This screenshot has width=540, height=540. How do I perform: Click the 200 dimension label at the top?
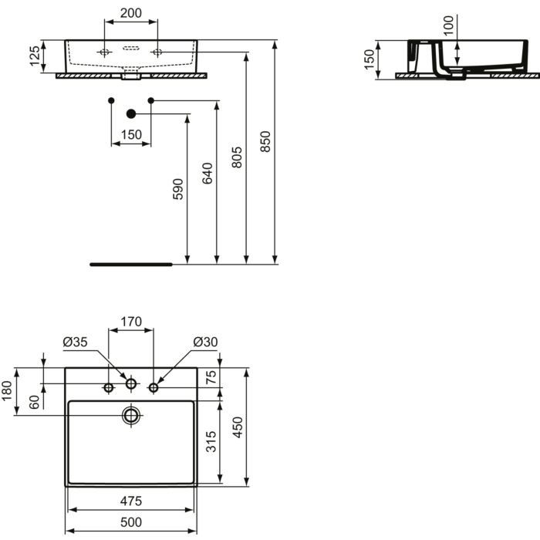(x=131, y=13)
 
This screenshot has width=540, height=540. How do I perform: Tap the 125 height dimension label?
(x=35, y=56)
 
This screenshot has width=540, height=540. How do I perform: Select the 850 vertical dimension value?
(x=265, y=141)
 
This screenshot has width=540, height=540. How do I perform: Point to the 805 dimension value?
(x=237, y=157)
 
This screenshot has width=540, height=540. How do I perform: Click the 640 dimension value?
(x=207, y=174)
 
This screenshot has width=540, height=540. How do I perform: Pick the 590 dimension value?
(x=177, y=189)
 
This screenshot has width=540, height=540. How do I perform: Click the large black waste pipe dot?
(x=131, y=113)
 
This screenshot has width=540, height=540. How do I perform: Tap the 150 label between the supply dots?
(x=131, y=135)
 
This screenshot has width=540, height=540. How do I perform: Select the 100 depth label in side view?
(x=448, y=25)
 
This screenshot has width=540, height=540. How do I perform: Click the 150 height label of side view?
(x=369, y=59)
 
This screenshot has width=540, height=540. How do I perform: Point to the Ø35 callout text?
(x=75, y=342)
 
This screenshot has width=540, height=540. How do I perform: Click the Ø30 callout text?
(x=205, y=342)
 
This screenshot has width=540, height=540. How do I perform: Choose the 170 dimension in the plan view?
(x=131, y=322)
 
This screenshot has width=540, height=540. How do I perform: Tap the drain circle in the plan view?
(x=131, y=415)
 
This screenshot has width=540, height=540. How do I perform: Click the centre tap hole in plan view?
(x=131, y=383)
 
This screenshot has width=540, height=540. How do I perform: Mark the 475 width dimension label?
(x=131, y=501)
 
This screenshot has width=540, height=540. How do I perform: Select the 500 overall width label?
(x=131, y=522)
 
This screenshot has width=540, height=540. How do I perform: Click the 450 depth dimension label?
(x=238, y=427)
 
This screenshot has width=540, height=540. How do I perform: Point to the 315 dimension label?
(x=211, y=441)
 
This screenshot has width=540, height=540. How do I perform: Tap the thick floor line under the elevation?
(x=131, y=265)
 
